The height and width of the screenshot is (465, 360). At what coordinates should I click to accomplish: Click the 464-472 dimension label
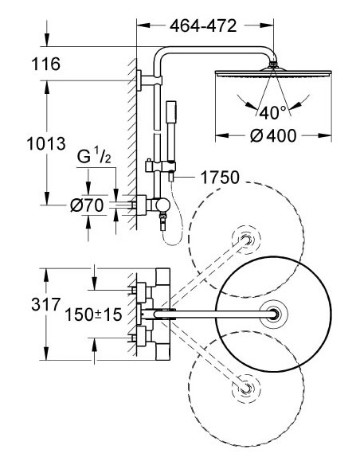coord(204,25)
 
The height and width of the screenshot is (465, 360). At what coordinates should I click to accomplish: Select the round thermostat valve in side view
coord(162,205)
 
